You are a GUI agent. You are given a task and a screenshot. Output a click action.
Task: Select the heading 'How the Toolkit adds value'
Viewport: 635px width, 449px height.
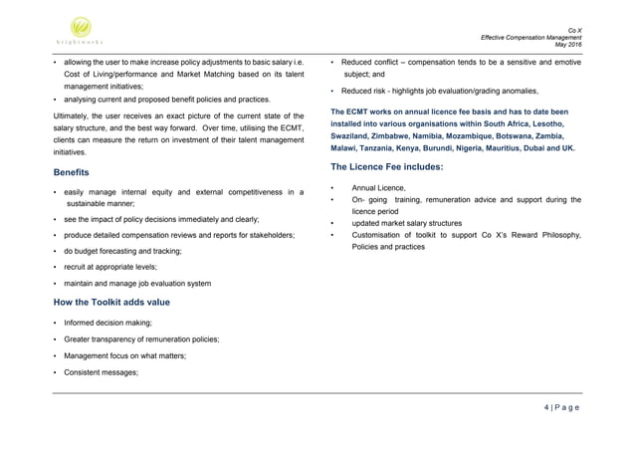(x=113, y=301)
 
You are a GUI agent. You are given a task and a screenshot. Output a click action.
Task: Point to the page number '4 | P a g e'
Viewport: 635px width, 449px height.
(x=563, y=406)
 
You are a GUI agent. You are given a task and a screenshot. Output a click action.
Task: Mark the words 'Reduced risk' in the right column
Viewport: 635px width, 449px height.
(x=366, y=91)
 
